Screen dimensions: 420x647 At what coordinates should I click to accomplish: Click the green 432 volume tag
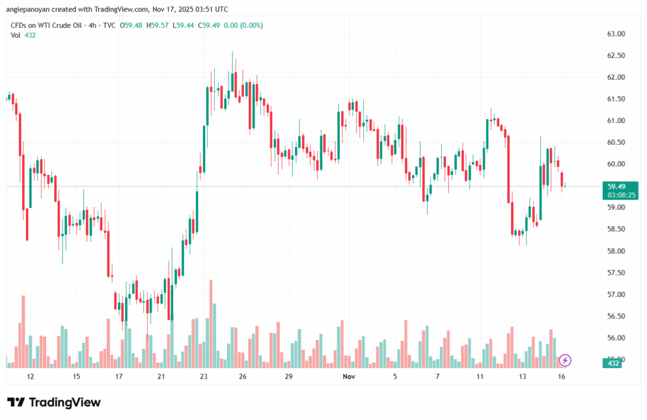point(613,364)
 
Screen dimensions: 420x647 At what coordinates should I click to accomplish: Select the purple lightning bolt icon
point(565,360)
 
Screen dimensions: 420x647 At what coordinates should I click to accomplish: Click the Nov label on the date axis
point(348,376)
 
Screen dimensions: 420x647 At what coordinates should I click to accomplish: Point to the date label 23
point(203,376)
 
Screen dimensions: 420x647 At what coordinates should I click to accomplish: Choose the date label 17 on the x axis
point(119,376)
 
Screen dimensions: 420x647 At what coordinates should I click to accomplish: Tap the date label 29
point(288,376)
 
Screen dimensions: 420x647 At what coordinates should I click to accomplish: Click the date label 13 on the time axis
point(523,376)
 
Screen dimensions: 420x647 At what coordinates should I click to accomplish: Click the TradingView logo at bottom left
point(54,402)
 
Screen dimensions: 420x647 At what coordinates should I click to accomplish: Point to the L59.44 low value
point(184,25)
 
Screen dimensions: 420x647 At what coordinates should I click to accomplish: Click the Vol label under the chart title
point(16,35)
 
